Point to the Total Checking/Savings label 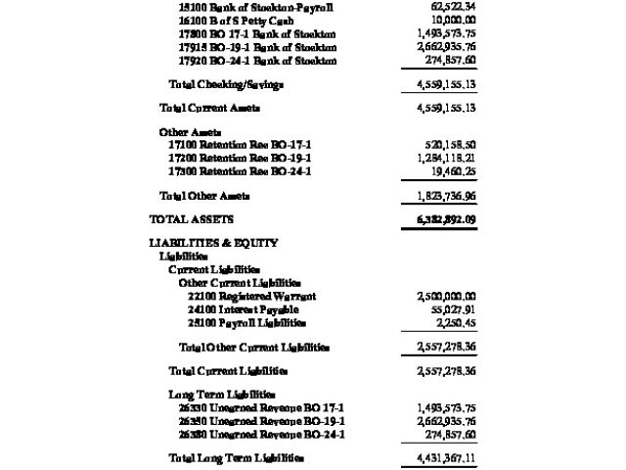point(226,84)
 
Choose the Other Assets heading point(190,131)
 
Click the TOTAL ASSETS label point(192,219)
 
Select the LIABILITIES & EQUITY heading point(213,243)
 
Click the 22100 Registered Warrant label point(252,296)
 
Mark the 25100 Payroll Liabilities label point(247,323)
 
